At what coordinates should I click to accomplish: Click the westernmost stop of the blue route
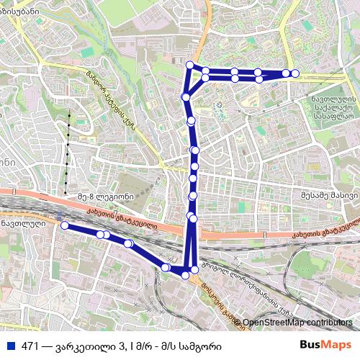64,225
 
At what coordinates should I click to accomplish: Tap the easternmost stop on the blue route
294,73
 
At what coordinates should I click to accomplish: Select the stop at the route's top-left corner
189,66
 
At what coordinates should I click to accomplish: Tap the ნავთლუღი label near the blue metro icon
22,223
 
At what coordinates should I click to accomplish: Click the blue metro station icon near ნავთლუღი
57,214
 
